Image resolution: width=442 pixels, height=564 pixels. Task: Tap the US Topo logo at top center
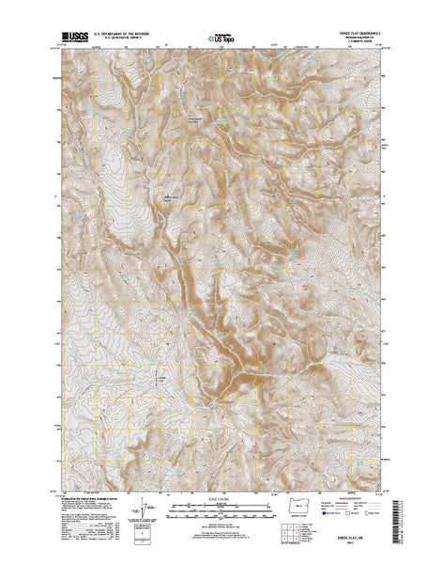pyautogui.click(x=221, y=39)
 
